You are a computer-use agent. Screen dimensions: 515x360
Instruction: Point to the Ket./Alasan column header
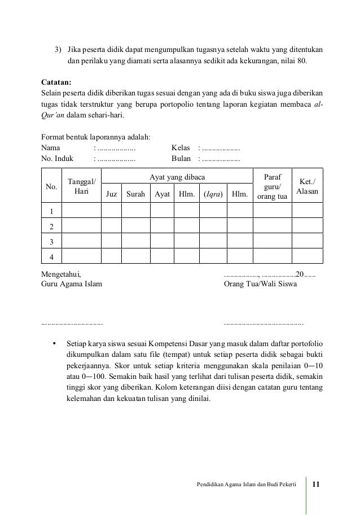click(x=308, y=187)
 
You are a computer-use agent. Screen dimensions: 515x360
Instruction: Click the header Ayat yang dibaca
click(x=177, y=178)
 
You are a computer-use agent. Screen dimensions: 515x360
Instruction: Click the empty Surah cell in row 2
click(x=135, y=226)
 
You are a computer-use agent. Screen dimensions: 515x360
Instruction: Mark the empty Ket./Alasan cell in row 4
click(x=308, y=256)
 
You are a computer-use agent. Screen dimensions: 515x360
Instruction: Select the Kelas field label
click(x=181, y=149)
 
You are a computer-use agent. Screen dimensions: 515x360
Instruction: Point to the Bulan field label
click(x=181, y=159)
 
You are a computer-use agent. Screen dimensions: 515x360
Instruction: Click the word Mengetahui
click(x=62, y=274)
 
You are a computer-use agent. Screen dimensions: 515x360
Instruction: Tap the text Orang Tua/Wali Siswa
click(x=260, y=285)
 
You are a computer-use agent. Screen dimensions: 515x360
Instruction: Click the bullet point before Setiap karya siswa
click(x=54, y=343)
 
